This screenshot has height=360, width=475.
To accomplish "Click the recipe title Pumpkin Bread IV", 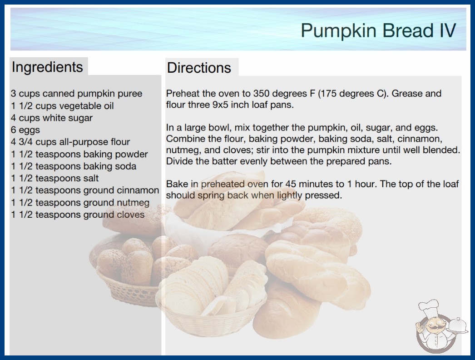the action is [378, 30].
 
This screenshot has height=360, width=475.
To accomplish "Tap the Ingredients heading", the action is [47, 67].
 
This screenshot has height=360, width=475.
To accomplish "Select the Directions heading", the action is [199, 68].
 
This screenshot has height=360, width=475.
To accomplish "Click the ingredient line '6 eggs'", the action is [25, 130].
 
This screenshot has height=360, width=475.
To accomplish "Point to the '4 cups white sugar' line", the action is [52, 118].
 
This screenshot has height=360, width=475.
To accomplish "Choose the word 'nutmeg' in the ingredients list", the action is [133, 203].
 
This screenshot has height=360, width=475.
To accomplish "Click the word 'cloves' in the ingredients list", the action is [131, 215].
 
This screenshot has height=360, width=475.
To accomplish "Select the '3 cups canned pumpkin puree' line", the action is [77, 94].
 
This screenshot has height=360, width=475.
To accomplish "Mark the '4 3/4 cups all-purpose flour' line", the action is [70, 142].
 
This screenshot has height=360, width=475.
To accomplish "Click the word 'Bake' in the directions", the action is [177, 184].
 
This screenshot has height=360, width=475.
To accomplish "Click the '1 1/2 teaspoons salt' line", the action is [55, 178].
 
